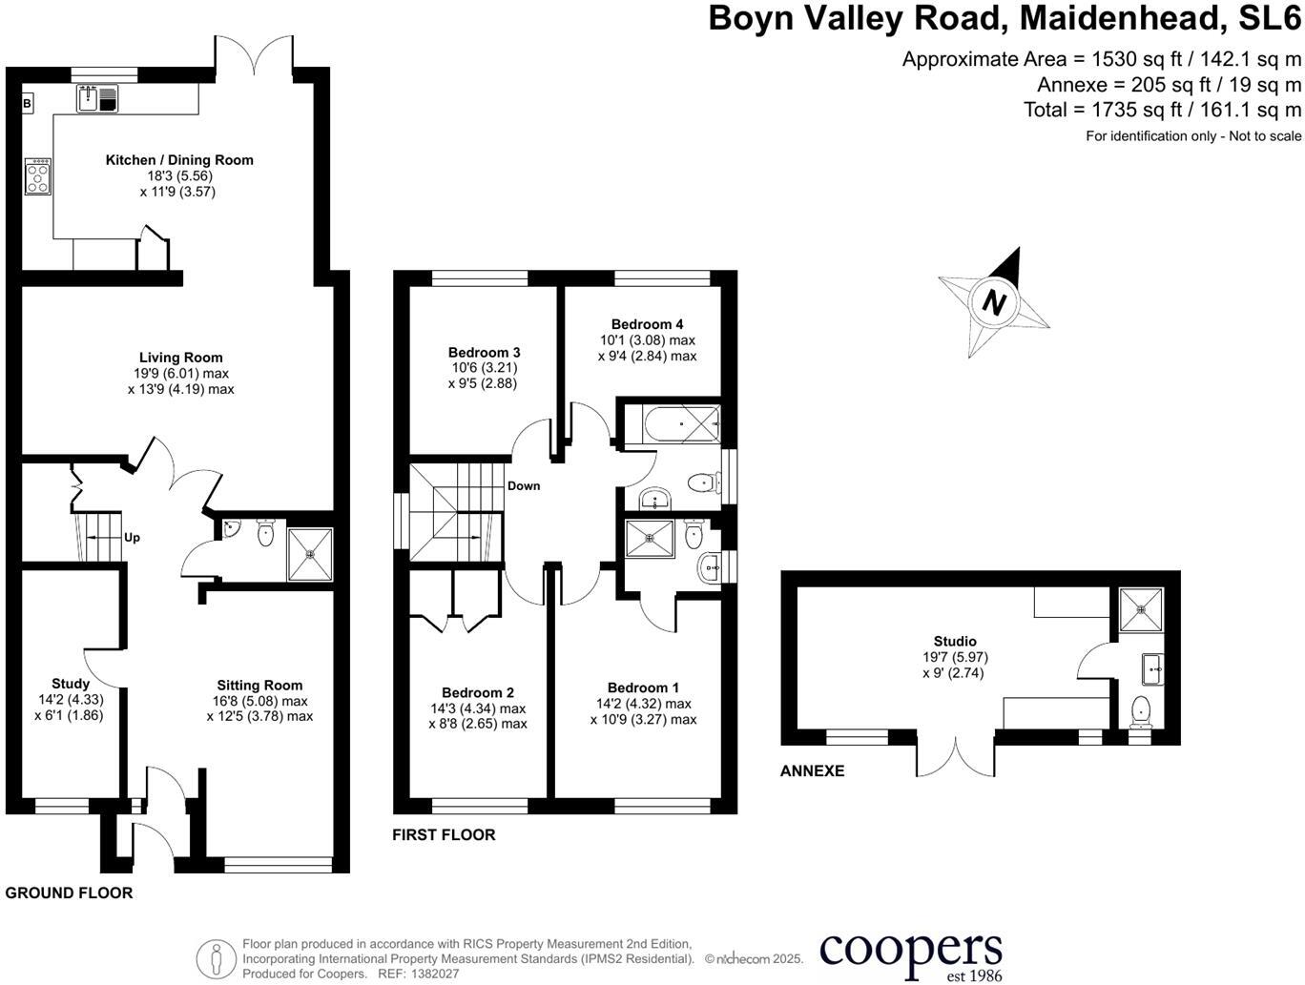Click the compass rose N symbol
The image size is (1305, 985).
pos(994,303)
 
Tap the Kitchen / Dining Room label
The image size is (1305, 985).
pos(179,160)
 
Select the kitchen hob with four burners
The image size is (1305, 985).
pos(38,176)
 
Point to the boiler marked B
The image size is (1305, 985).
pos(27,103)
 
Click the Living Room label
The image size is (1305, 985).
pos(180,358)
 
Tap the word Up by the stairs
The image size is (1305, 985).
pos(132,538)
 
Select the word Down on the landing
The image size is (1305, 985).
pos(524,486)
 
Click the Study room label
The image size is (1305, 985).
pos(71,684)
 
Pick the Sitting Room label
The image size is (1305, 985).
pos(259,685)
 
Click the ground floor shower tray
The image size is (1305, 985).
pos(310,555)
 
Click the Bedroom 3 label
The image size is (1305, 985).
pos(484,353)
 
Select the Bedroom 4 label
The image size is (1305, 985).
pos(647,324)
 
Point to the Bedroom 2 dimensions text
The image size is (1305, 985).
pos(478,716)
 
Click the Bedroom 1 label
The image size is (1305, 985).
pos(643,687)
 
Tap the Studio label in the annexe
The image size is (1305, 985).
pos(955,642)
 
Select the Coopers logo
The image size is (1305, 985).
pos(911,954)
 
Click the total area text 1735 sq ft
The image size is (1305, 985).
pos(1162,110)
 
